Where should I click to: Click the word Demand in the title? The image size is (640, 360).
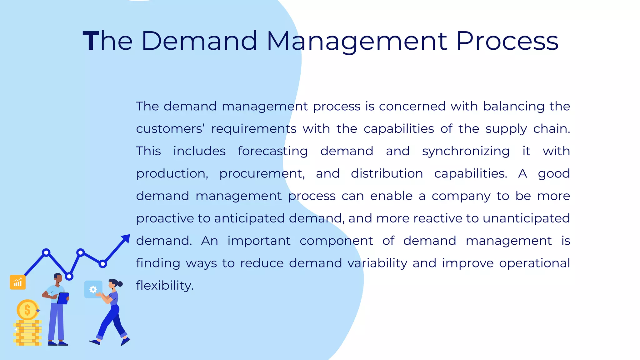point(199,41)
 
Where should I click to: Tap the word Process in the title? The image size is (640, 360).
point(507,41)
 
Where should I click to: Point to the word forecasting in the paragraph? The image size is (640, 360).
point(273,152)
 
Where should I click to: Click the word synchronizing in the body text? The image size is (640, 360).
point(466,152)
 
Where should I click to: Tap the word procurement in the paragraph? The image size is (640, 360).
point(262,174)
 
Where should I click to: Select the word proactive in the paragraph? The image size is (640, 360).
point(165,218)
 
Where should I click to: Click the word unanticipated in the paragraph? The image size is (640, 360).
point(526,218)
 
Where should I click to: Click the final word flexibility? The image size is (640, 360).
point(165,286)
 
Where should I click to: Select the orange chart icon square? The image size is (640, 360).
point(18,282)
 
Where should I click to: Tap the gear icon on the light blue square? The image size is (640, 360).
point(93,289)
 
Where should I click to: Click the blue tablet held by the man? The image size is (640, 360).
point(63,298)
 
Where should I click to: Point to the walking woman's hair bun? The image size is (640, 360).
point(120,284)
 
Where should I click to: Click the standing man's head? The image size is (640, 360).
point(58,277)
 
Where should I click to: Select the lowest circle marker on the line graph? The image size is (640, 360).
point(69,276)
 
